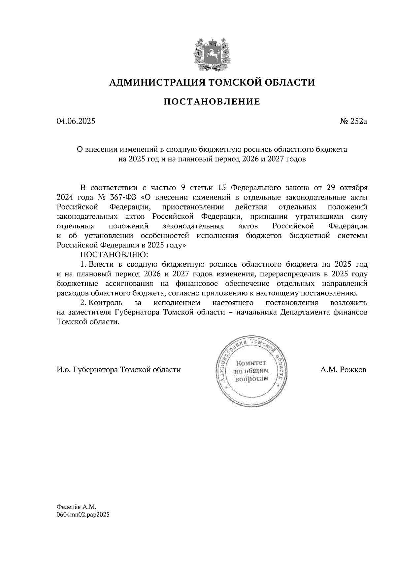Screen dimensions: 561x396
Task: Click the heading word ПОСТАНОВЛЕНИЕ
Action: click(x=212, y=102)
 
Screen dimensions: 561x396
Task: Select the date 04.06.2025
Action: click(x=76, y=121)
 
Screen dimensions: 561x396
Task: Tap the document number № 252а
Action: click(x=353, y=121)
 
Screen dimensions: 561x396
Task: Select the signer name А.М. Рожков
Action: click(x=343, y=370)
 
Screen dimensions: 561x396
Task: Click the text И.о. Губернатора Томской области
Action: click(x=119, y=370)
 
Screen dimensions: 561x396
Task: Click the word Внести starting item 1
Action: click(x=101, y=265)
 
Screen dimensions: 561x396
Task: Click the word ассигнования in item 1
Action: click(x=129, y=283)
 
